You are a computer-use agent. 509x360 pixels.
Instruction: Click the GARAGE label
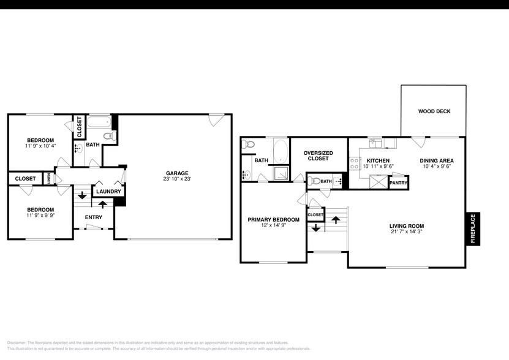click(x=176, y=173)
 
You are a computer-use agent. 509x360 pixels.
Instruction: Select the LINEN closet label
click(x=49, y=179)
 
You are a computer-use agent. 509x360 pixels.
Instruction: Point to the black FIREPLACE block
click(x=472, y=229)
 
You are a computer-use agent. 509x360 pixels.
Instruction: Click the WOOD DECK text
click(x=434, y=111)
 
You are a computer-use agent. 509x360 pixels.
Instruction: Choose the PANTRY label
click(x=399, y=182)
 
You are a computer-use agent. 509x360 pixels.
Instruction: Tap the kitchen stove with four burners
click(x=354, y=163)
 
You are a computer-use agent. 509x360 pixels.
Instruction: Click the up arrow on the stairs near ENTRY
click(x=102, y=203)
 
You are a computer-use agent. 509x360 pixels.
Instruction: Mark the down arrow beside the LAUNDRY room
click(x=81, y=204)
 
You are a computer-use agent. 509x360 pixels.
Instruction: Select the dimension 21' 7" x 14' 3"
click(x=406, y=231)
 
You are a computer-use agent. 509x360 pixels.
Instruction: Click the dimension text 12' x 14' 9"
click(x=273, y=225)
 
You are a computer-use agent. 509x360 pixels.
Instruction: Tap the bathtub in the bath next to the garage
click(x=97, y=122)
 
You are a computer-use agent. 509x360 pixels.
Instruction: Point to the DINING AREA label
click(x=437, y=161)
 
